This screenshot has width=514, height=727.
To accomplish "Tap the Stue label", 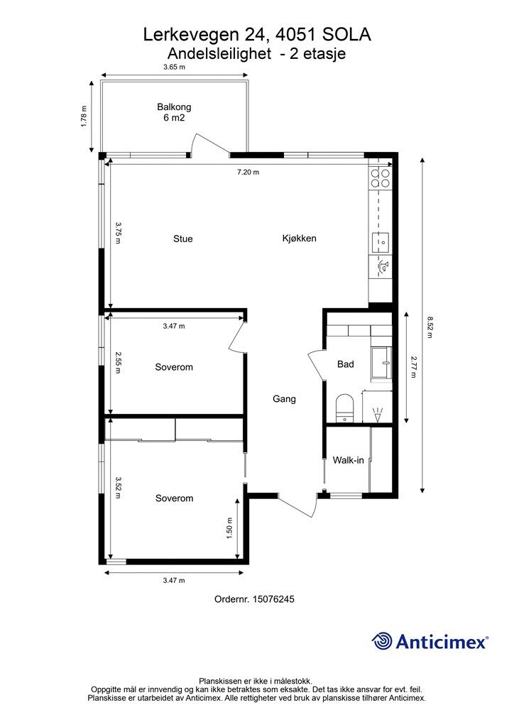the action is click(183, 239).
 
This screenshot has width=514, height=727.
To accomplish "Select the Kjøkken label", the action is click(300, 239).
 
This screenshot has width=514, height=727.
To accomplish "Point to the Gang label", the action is click(284, 399).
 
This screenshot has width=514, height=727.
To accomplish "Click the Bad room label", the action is click(346, 364).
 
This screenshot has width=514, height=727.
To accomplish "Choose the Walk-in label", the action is click(348, 460).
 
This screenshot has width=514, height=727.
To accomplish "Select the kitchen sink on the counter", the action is click(381, 243).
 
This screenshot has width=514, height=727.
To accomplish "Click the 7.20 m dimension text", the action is click(248, 173).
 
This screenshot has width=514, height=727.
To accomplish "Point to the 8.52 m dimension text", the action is click(430, 327).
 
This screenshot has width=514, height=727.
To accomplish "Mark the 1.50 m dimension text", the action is click(229, 528).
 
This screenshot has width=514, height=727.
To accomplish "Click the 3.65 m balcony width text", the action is click(174, 67).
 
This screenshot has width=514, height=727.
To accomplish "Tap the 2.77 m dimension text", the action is click(413, 367).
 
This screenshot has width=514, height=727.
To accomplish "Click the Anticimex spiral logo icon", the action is click(382, 641).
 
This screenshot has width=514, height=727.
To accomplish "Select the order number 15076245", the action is click(273, 599).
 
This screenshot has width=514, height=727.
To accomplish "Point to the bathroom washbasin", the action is click(381, 363).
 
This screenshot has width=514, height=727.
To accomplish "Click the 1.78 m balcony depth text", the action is click(84, 117).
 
